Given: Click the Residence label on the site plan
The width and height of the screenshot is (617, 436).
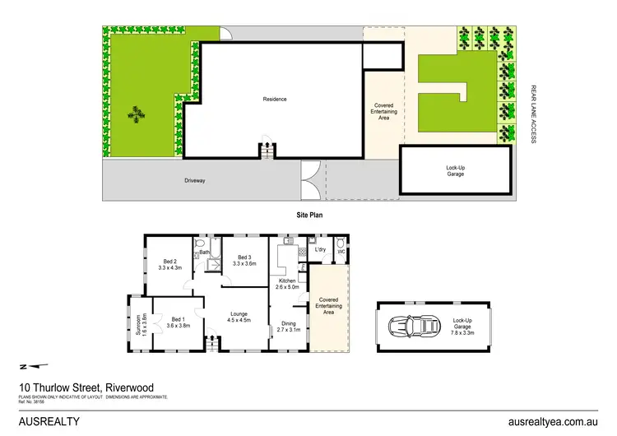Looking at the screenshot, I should [x=275, y=100].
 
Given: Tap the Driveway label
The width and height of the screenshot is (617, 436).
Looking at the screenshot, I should [x=195, y=180].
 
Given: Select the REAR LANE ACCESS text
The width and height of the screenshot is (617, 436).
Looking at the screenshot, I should [x=533, y=114].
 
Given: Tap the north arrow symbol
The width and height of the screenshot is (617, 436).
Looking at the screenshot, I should [x=30, y=366].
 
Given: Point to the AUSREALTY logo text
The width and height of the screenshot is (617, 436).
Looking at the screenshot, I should [x=49, y=420].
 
